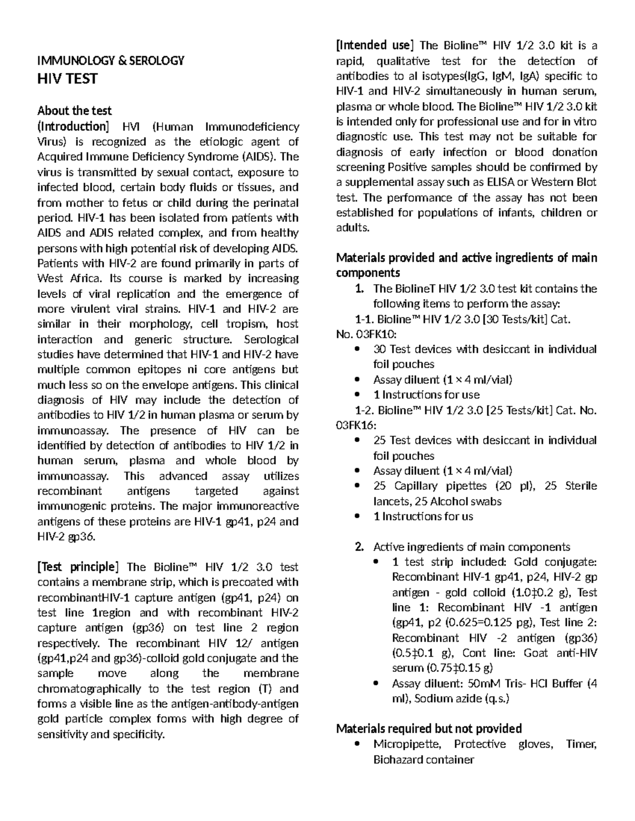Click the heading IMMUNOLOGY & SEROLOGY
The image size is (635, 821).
[x=110, y=60]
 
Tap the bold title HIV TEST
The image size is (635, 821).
[x=67, y=79]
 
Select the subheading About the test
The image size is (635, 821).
[x=74, y=110]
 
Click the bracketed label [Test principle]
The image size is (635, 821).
[x=76, y=567]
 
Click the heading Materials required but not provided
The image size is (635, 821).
[x=429, y=728]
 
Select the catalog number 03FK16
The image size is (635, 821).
[x=357, y=426]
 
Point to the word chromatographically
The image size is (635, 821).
[x=89, y=689]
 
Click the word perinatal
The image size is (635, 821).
[x=275, y=202]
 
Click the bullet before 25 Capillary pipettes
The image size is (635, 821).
[x=359, y=486]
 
